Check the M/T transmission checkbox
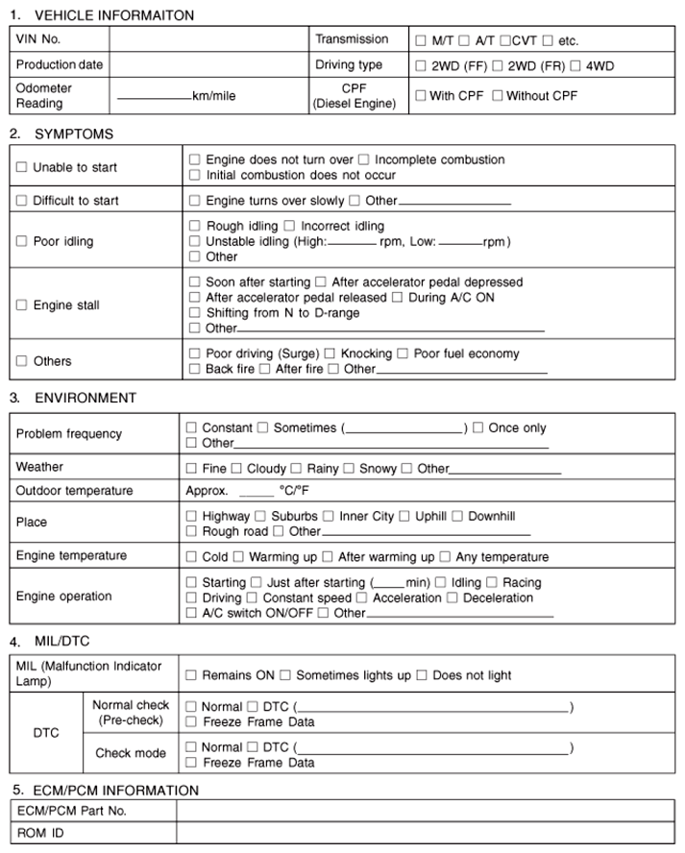(x=421, y=41)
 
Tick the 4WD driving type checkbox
(x=575, y=66)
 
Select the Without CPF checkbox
(x=498, y=96)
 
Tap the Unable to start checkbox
(x=21, y=167)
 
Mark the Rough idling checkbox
(x=196, y=226)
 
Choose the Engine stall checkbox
(x=21, y=305)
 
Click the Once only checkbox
(x=477, y=427)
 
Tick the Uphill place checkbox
(x=404, y=516)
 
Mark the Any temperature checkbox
(x=445, y=557)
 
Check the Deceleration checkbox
(x=453, y=597)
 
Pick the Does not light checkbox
(x=422, y=675)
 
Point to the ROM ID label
(x=40, y=833)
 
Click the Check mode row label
(x=131, y=753)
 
